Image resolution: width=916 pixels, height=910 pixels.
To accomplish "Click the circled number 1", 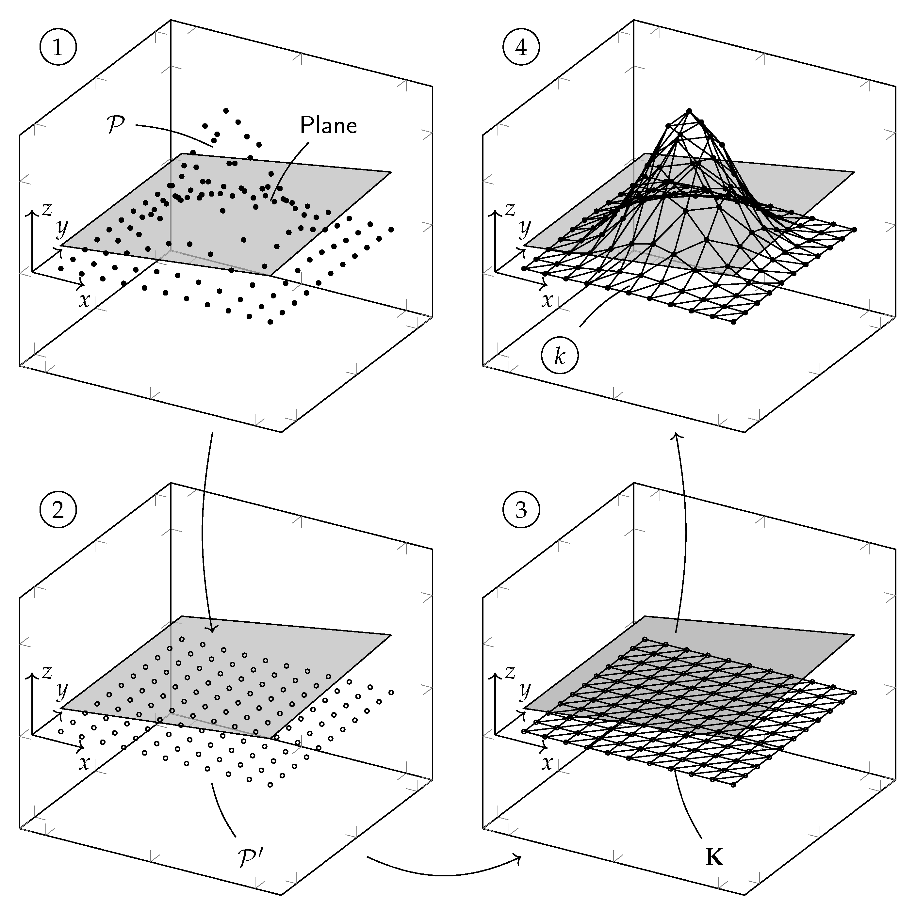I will pyautogui.click(x=58, y=48).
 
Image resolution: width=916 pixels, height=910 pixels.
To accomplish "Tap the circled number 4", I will pyautogui.click(x=521, y=48).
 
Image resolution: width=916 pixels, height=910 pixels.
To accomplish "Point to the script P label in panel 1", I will pyautogui.click(x=117, y=126).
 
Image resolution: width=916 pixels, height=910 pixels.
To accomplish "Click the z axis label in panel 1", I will pyautogui.click(x=46, y=209).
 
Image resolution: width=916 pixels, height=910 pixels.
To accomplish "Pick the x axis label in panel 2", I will pyautogui.click(x=84, y=763).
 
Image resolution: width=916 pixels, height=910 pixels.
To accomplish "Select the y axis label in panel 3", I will pyautogui.click(x=524, y=692).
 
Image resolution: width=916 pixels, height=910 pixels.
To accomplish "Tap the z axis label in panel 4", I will pyautogui.click(x=510, y=209).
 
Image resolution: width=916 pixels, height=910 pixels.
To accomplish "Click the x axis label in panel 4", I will pyautogui.click(x=548, y=300).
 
